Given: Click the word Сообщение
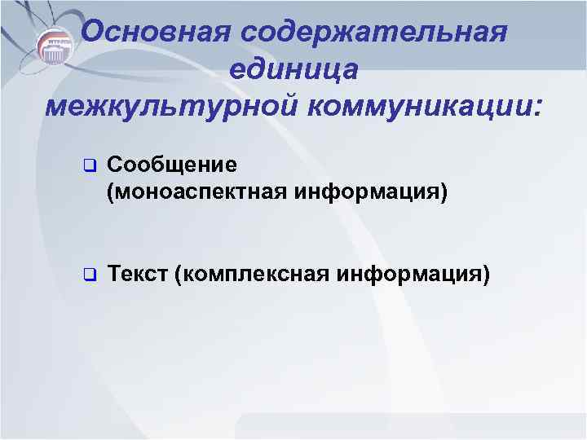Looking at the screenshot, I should [172, 165].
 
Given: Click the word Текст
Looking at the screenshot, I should [137, 273].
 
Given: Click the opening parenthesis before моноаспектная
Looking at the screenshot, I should [110, 195].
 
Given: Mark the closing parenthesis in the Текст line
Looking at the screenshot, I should [488, 274].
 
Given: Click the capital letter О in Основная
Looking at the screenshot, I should [95, 32].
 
